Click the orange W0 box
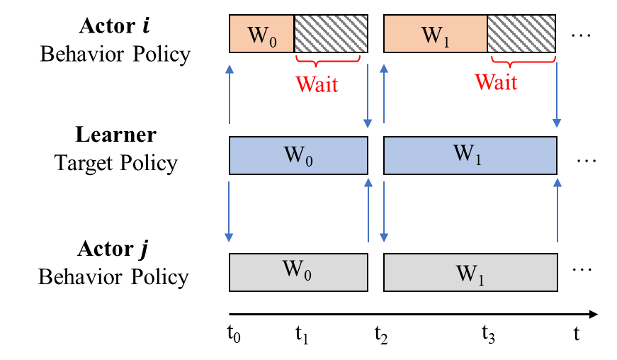[261, 34]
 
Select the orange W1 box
[435, 34]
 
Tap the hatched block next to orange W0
[331, 34]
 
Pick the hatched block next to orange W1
[521, 34]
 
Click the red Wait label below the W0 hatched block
[317, 84]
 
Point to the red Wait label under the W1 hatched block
[496, 82]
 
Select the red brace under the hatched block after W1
[522, 60]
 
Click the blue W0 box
[298, 155]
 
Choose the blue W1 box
[470, 155]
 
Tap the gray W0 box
[298, 272]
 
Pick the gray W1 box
[470, 272]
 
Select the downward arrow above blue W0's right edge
[368, 96]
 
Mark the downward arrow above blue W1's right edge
[557, 96]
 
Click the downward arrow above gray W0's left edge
[229, 212]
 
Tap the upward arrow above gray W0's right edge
[368, 210]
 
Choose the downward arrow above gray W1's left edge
[384, 212]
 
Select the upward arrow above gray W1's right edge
[557, 210]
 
